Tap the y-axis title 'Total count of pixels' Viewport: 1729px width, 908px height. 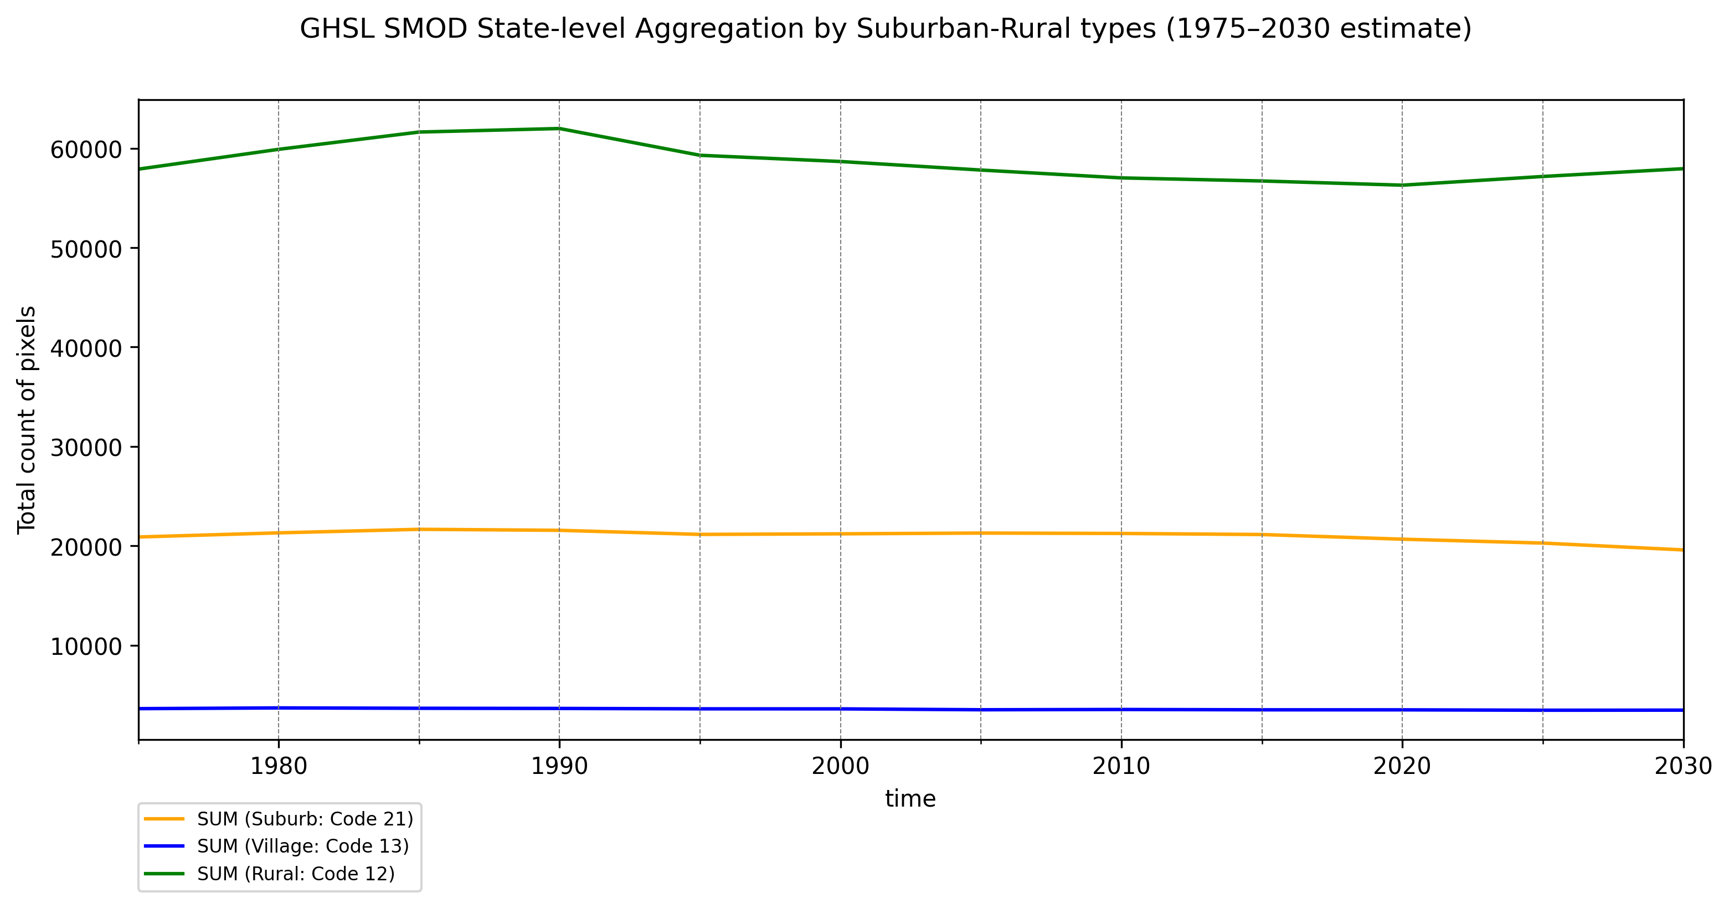click(27, 420)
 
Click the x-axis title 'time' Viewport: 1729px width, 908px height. click(910, 798)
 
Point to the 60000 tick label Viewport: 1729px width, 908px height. click(86, 150)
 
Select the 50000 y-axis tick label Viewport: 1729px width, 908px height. click(86, 249)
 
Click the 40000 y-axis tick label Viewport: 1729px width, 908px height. click(86, 348)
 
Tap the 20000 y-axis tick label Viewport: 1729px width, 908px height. click(86, 547)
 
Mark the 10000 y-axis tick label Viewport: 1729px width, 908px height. click(86, 647)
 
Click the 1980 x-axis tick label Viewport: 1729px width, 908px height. click(279, 766)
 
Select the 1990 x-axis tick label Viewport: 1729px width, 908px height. click(559, 766)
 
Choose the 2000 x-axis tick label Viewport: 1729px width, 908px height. click(840, 766)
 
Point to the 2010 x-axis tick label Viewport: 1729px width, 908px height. click(1121, 766)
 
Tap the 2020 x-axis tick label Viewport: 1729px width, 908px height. click(1402, 766)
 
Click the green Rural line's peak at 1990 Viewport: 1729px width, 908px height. click(559, 129)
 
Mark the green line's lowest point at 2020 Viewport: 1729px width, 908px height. click(1402, 186)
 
